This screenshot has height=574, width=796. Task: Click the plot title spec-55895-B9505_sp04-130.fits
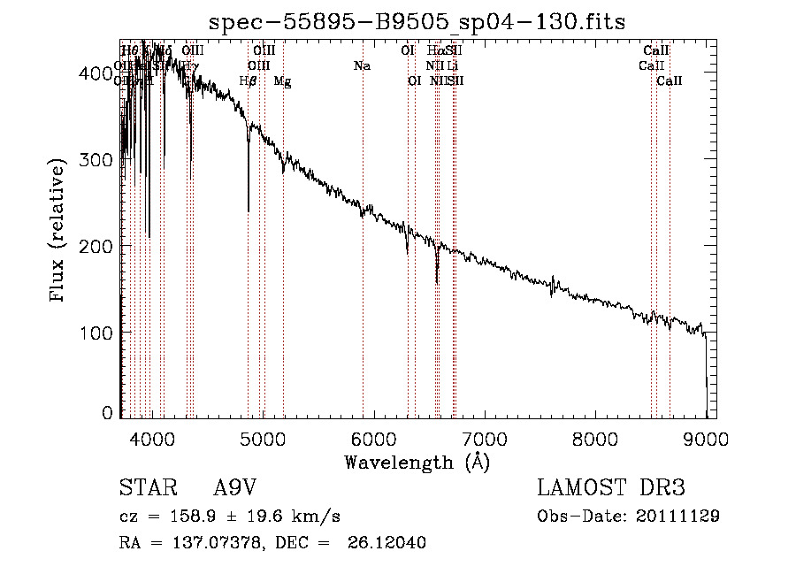pyautogui.click(x=417, y=22)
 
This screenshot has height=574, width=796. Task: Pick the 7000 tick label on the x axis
pyautogui.click(x=484, y=438)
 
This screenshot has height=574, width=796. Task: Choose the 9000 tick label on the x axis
pyautogui.click(x=706, y=438)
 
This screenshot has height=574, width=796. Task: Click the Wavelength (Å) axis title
pyautogui.click(x=417, y=462)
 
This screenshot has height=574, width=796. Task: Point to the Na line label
pyautogui.click(x=362, y=65)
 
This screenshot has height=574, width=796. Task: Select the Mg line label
pyautogui.click(x=282, y=81)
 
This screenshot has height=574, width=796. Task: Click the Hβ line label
pyautogui.click(x=248, y=81)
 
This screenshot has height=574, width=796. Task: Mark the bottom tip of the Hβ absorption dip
pyautogui.click(x=248, y=211)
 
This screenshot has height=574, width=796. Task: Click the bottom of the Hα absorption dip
pyautogui.click(x=437, y=283)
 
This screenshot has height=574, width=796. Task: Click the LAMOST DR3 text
pyautogui.click(x=611, y=488)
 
